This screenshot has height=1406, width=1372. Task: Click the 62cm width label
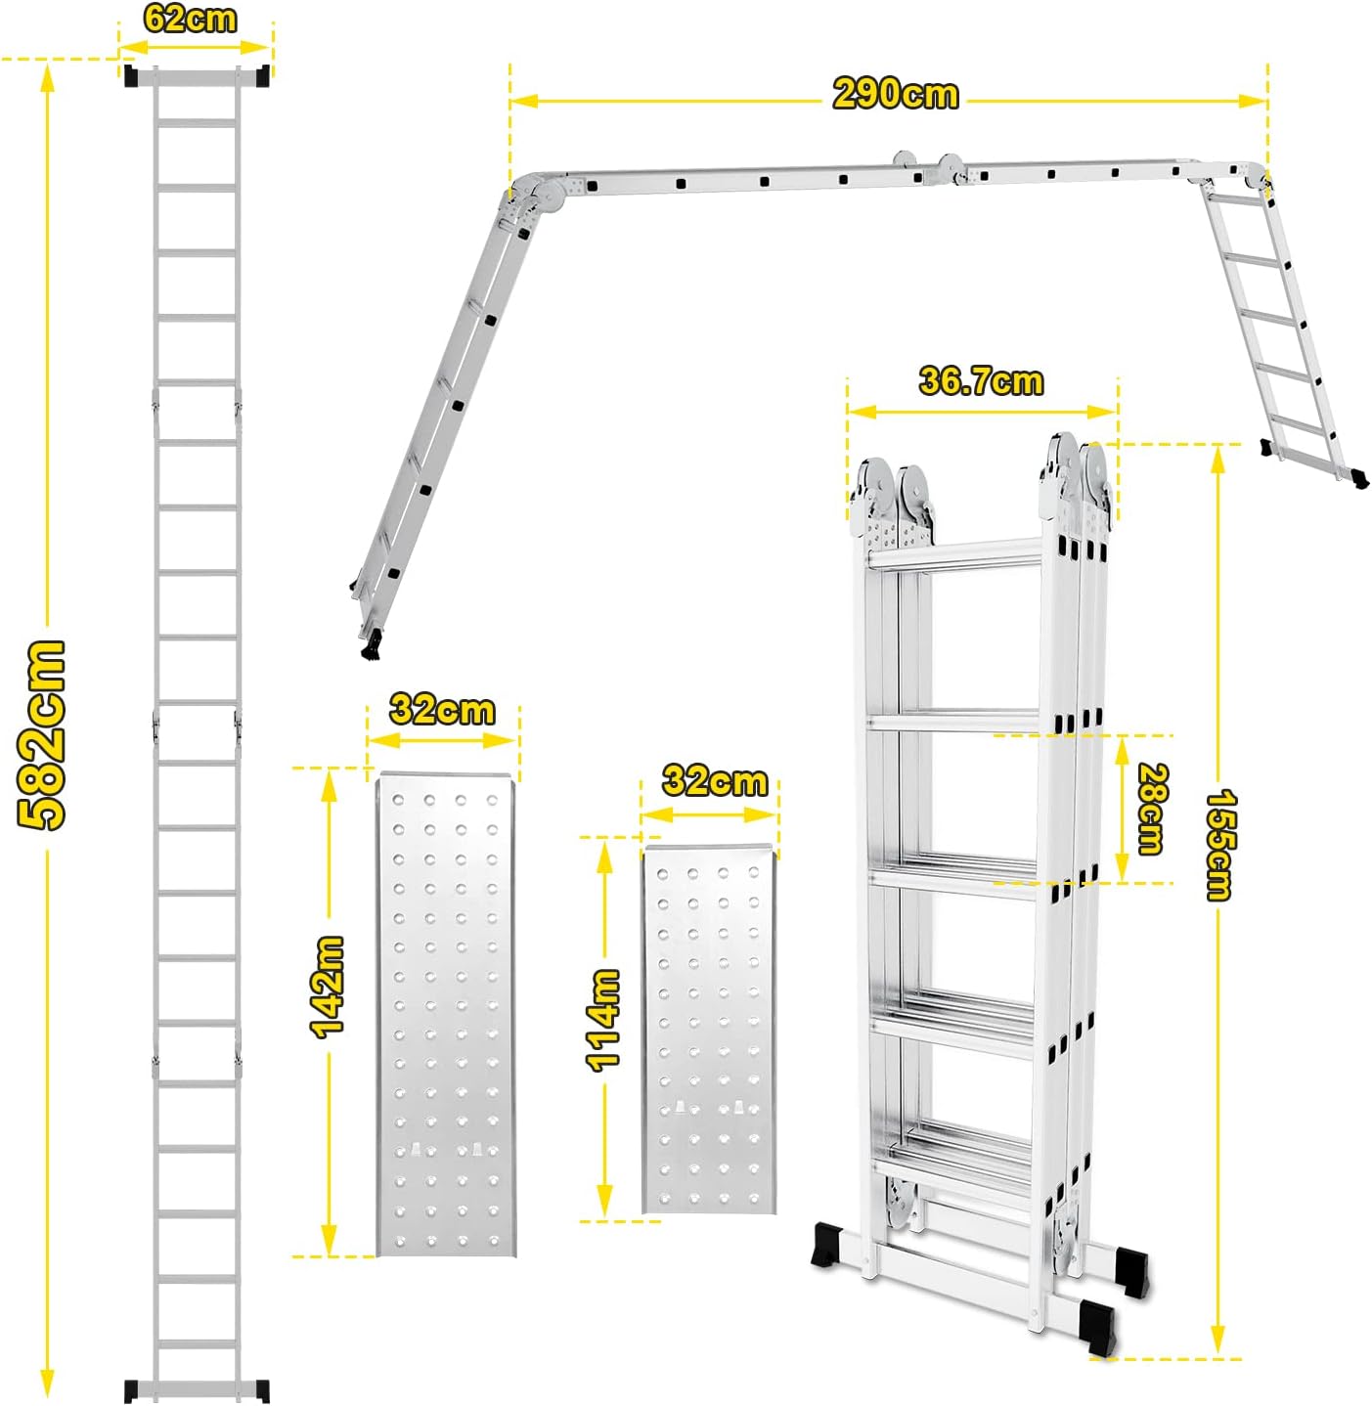[x=190, y=18]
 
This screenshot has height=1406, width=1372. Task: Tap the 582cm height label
[x=43, y=734]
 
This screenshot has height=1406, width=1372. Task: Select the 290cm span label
[x=895, y=94]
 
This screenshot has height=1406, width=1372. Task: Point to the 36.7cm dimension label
[x=981, y=380]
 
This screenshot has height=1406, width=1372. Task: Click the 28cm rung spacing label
[x=1151, y=809]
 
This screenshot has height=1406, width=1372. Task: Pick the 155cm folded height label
[x=1218, y=844]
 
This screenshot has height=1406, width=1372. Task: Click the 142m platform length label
[x=327, y=986]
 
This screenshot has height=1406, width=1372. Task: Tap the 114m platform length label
[x=603, y=1020]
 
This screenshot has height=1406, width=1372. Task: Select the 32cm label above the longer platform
[x=442, y=709]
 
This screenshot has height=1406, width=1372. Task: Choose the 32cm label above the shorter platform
[x=715, y=781]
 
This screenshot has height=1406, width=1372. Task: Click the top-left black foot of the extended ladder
[x=131, y=75]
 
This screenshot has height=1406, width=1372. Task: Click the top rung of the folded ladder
[x=953, y=555]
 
